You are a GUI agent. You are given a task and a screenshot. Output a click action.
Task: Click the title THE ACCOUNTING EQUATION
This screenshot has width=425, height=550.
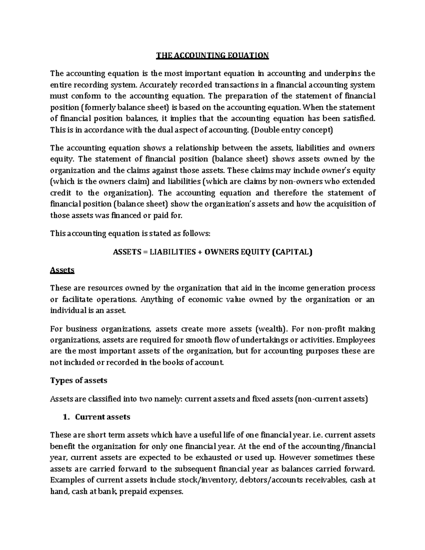[213, 55]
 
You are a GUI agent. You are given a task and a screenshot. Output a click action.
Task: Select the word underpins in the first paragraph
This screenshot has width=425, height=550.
[340, 74]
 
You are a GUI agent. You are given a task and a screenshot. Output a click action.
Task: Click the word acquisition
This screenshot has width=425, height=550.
[345, 204]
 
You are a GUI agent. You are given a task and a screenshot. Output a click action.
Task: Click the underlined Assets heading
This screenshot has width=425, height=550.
[62, 270]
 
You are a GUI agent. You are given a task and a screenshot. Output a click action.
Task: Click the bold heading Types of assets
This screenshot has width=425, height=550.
[79, 381]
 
